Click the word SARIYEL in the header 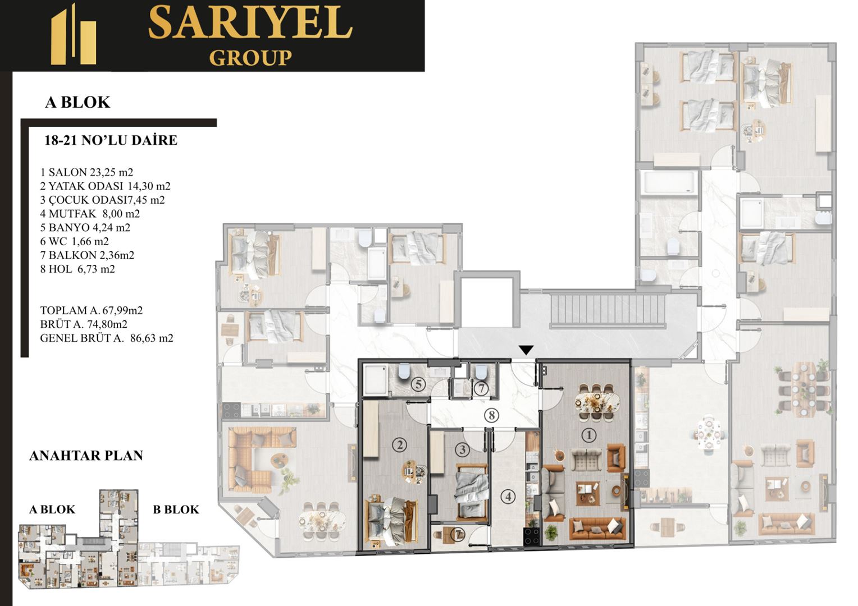tap(250, 22)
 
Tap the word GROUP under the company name tap(250, 58)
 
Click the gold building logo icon tap(74, 34)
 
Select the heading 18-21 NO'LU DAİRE tap(111, 140)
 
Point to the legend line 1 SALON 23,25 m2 tap(86, 172)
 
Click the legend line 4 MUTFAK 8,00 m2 tap(90, 214)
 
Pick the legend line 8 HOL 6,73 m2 tap(77, 269)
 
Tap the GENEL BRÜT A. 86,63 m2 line tap(107, 338)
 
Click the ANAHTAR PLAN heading tap(86, 456)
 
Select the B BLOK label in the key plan tap(176, 509)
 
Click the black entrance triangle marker tap(526, 350)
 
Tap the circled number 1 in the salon tap(588, 435)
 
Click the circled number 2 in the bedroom tap(400, 445)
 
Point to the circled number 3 tap(462, 449)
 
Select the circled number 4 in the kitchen tap(508, 497)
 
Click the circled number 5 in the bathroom tap(418, 384)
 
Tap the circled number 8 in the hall tap(491, 415)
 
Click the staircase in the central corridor tap(608, 310)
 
